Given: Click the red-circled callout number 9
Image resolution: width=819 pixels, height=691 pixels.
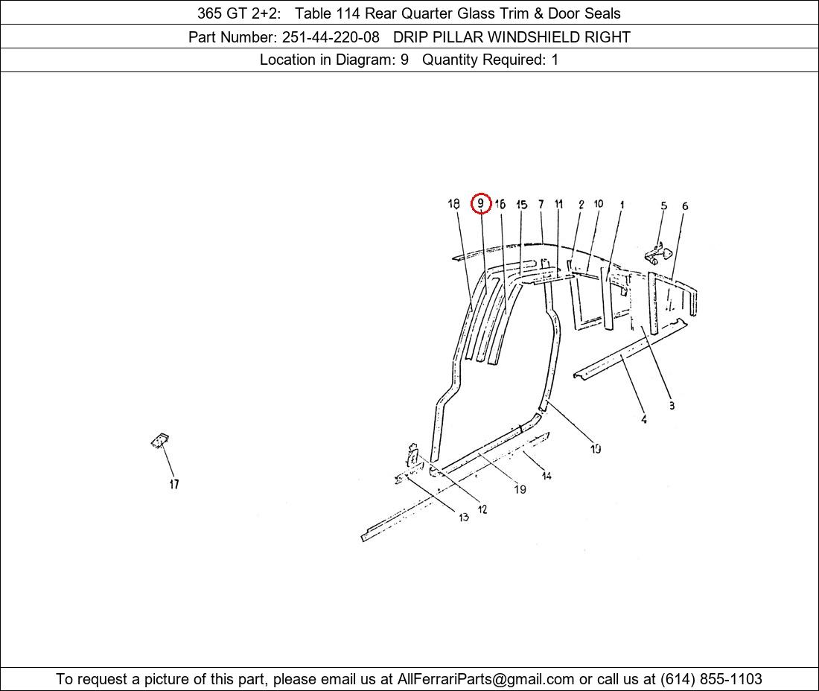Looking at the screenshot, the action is [x=480, y=203].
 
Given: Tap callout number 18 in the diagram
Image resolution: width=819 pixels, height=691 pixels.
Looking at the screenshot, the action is [x=453, y=204].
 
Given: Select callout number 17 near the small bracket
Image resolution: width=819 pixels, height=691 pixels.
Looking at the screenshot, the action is [x=174, y=484].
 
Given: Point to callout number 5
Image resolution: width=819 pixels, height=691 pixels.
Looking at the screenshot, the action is [x=663, y=206].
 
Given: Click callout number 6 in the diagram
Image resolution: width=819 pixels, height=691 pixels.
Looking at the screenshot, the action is [x=685, y=206].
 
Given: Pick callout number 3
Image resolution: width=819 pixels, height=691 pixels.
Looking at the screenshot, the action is [x=672, y=405].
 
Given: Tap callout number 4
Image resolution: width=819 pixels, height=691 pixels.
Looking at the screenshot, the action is [x=644, y=419].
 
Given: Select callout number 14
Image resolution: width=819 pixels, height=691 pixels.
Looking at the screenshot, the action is [x=546, y=475].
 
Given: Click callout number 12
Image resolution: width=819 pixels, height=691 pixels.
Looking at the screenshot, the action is [x=482, y=509].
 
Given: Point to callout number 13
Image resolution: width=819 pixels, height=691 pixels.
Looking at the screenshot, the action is [x=463, y=517].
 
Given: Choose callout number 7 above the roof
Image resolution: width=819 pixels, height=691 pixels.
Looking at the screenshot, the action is [x=541, y=204].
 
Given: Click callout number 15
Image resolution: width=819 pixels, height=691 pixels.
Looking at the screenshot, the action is [x=521, y=205].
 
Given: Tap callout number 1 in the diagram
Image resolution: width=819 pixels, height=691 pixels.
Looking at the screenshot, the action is [x=622, y=205].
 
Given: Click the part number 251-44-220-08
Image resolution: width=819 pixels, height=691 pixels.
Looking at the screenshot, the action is [x=331, y=37].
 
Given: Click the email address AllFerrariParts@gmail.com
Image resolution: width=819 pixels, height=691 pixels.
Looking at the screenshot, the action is [x=485, y=679].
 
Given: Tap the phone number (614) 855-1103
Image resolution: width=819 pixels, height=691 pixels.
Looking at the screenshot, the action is [x=711, y=679].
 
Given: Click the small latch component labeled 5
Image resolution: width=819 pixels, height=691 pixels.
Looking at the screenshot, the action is [x=659, y=254].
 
